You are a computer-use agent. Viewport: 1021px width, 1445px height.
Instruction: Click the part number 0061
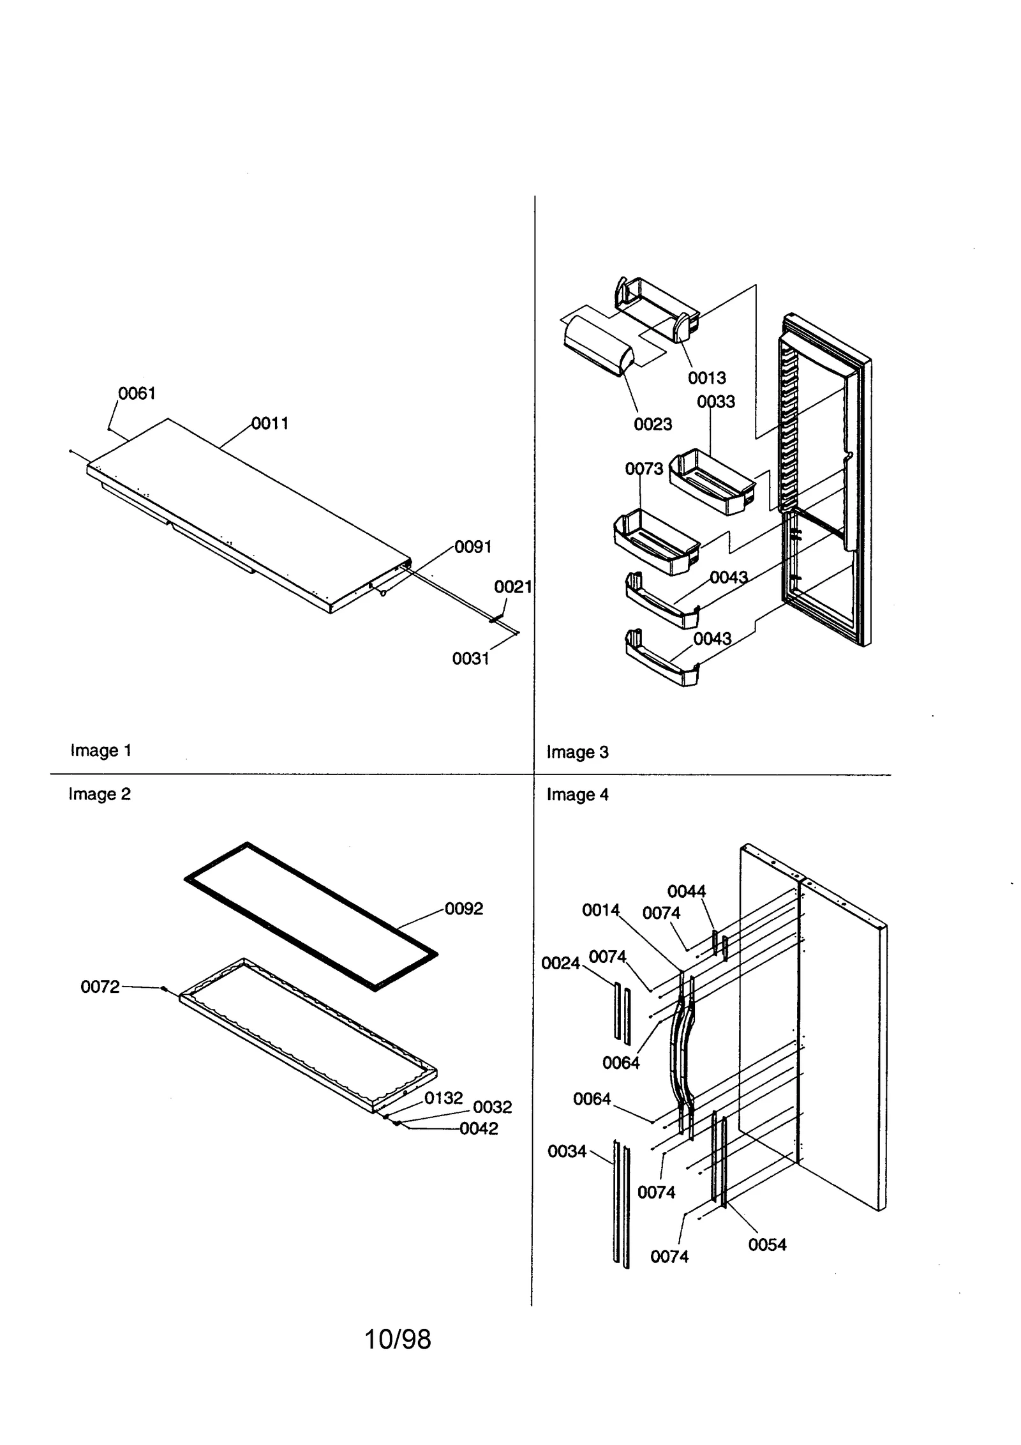click(x=137, y=393)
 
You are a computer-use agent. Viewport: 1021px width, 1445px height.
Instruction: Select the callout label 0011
click(x=270, y=423)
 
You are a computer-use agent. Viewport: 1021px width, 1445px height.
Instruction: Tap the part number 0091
click(x=473, y=547)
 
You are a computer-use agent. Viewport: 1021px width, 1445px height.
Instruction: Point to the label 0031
click(x=470, y=658)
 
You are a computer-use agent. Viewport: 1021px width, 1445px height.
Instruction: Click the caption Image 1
click(x=101, y=750)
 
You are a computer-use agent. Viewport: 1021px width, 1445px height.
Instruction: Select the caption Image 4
click(x=577, y=795)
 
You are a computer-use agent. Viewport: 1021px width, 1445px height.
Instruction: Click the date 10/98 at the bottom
click(x=398, y=1340)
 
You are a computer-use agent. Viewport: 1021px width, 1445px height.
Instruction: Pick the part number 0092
click(x=464, y=909)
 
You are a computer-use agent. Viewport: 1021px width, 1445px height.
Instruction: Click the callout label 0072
click(x=100, y=987)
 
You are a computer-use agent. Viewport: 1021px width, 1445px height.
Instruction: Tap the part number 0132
click(x=443, y=1098)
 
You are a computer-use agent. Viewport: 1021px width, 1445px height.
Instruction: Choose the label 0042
click(x=479, y=1129)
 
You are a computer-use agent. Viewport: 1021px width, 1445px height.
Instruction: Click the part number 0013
click(x=706, y=378)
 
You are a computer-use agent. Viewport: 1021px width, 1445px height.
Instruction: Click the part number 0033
click(x=715, y=402)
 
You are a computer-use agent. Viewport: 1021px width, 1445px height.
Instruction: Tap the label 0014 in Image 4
click(x=600, y=911)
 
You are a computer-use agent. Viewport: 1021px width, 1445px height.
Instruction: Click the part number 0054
click(x=767, y=1245)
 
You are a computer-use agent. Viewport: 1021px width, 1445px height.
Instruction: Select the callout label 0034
click(x=567, y=1152)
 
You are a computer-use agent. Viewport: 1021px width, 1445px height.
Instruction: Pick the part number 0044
click(x=686, y=891)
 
